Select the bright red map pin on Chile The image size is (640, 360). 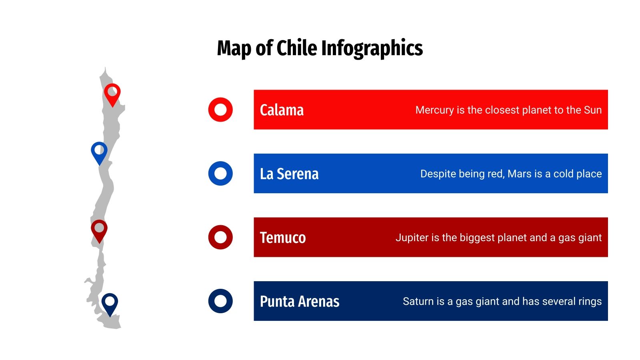[x=112, y=93]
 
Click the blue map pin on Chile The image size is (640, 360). [x=99, y=152]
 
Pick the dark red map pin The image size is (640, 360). [x=99, y=230]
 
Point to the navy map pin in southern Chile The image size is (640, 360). [x=110, y=303]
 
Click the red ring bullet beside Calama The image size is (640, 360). [x=220, y=110]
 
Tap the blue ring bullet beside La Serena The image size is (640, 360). [x=220, y=174]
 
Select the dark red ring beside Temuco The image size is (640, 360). [x=220, y=237]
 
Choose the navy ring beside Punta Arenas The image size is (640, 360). [x=220, y=301]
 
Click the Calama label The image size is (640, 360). [x=282, y=110]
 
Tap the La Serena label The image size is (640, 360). [x=289, y=174]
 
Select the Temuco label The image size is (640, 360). [x=283, y=238]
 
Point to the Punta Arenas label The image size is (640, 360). [x=300, y=302]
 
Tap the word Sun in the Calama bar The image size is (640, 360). [x=593, y=110]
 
